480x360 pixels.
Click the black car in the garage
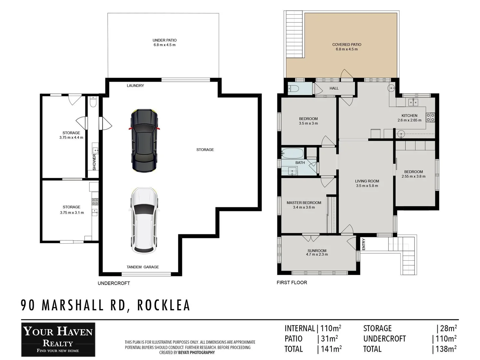click(144, 141)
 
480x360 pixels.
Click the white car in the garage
click(144, 220)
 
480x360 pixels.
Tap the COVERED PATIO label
click(347, 45)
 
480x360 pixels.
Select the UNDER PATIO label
click(164, 40)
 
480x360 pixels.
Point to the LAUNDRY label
click(135, 86)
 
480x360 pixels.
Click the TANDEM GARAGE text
click(143, 267)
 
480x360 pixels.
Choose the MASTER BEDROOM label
click(304, 203)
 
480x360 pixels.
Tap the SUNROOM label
click(317, 251)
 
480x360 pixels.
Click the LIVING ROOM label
click(367, 181)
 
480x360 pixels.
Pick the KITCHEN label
click(409, 116)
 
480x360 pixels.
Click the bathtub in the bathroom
click(292, 153)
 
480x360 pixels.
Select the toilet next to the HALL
click(293, 89)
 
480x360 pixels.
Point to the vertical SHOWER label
click(94, 162)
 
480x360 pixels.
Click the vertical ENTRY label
click(364, 244)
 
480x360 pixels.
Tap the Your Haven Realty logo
click(58, 339)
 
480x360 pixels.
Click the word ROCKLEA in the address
click(164, 305)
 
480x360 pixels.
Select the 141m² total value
click(331, 349)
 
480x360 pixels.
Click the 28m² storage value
click(448, 328)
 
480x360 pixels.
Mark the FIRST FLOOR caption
click(292, 283)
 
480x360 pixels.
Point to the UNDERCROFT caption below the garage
click(114, 283)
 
